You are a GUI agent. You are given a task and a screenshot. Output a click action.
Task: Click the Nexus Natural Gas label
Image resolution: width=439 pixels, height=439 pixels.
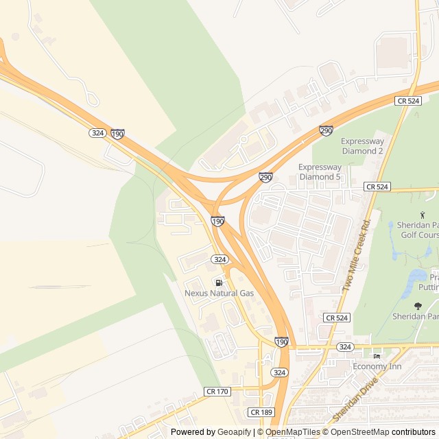point(219,293)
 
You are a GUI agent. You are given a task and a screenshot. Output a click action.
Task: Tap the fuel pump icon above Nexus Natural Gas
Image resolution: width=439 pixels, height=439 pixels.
point(219,283)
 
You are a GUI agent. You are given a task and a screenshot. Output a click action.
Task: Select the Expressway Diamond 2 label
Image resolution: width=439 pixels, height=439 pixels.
point(361,146)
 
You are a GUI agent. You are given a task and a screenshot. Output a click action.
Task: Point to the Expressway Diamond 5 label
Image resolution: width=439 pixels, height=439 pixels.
point(320,171)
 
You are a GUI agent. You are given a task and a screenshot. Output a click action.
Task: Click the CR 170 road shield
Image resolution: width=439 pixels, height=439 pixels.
point(217,391)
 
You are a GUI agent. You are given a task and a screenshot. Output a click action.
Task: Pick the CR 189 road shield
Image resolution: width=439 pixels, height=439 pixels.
point(261,412)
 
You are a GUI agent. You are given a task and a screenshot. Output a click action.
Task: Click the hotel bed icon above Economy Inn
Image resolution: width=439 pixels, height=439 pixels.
point(376,355)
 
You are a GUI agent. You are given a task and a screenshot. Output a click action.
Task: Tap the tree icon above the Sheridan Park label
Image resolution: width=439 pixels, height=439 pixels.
point(418,306)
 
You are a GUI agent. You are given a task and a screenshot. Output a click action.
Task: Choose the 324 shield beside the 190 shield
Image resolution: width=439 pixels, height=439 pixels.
point(97,132)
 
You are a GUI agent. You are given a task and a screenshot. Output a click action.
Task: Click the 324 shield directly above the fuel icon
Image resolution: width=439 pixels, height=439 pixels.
point(219,259)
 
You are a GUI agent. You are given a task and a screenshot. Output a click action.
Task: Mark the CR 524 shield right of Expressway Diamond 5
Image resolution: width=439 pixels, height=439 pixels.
point(377,187)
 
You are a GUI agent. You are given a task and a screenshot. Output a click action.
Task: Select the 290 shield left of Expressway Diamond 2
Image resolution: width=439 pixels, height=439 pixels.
point(326,130)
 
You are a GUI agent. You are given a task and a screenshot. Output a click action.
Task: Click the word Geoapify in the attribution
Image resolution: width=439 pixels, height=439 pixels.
point(233,432)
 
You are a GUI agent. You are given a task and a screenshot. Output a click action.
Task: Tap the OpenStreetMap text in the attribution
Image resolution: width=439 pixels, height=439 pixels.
point(357,432)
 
